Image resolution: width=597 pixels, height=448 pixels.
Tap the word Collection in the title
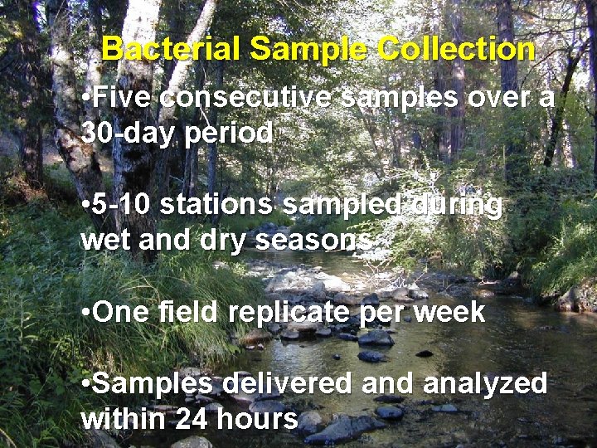456,50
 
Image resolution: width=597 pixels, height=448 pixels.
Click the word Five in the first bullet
123,98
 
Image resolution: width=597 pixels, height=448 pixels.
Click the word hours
256,419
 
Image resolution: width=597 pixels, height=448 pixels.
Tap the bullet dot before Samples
86,385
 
